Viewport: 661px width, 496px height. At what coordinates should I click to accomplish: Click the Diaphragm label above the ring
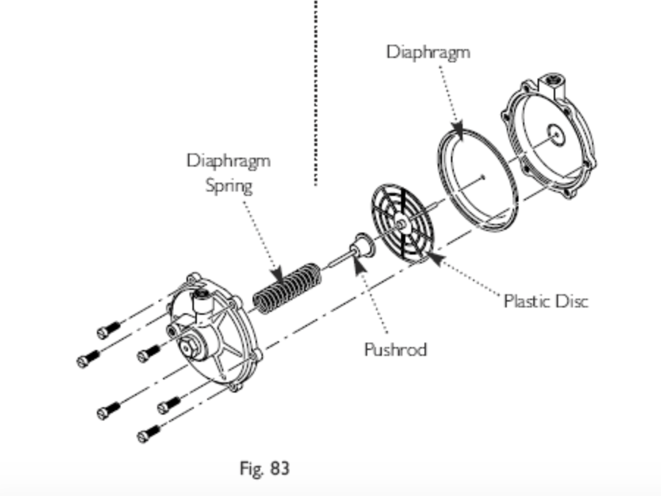click(x=428, y=53)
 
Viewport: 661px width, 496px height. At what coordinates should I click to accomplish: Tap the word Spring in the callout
click(x=229, y=186)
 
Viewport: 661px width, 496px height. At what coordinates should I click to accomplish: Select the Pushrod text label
click(x=395, y=349)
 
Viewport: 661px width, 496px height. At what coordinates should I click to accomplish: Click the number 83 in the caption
click(x=280, y=468)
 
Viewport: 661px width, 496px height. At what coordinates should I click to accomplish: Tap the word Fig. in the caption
click(x=253, y=469)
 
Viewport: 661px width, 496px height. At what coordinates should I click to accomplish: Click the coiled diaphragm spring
click(x=286, y=288)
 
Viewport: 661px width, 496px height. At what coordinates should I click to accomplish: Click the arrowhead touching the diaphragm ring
click(x=458, y=130)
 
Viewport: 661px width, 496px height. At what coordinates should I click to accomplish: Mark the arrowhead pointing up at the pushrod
click(x=358, y=266)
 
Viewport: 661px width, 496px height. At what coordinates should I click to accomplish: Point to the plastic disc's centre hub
click(x=401, y=223)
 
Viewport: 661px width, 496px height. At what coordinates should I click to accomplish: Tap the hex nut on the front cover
click(x=187, y=348)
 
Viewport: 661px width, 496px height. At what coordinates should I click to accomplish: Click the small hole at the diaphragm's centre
click(x=483, y=178)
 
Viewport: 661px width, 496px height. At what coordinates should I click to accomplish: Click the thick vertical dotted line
click(x=316, y=92)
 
